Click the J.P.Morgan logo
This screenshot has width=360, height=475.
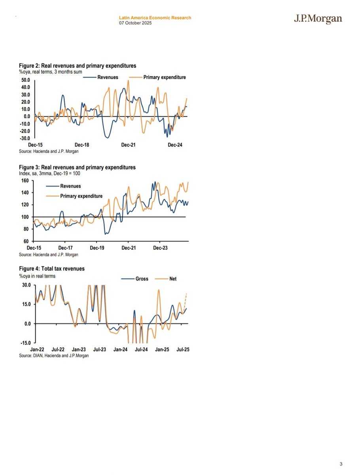[x=318, y=19]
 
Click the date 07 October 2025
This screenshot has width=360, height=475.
[x=135, y=23]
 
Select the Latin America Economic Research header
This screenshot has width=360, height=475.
[x=155, y=18]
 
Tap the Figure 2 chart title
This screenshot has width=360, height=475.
[x=77, y=65]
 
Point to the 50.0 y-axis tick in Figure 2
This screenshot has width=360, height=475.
[x=26, y=80]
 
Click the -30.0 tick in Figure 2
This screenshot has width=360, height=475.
[x=25, y=139]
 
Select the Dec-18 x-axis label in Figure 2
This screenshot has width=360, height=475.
[x=81, y=145]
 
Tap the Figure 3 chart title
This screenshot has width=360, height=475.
[x=77, y=167]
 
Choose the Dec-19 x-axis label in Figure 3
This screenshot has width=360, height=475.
[x=97, y=248]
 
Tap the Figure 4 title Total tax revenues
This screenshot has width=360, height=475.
[x=51, y=269]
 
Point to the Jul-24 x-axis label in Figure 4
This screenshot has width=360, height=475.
[x=141, y=350]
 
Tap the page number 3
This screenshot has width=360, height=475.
[x=341, y=464]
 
